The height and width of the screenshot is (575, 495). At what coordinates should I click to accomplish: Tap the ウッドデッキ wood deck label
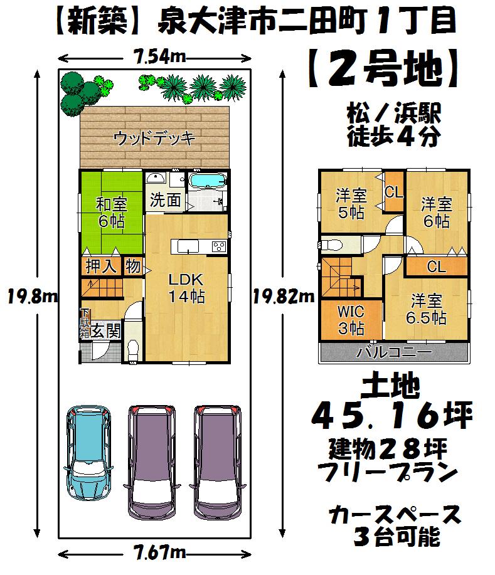[154, 138]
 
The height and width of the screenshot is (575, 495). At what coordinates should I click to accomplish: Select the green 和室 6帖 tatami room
[110, 213]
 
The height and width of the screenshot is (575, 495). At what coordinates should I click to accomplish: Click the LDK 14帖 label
[186, 288]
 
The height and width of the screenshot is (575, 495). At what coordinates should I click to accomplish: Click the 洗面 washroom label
[166, 201]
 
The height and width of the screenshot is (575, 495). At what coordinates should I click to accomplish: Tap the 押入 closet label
[101, 266]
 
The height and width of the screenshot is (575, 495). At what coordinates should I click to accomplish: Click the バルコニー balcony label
[394, 352]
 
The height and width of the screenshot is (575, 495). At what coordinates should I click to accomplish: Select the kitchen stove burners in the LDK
[219, 246]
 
